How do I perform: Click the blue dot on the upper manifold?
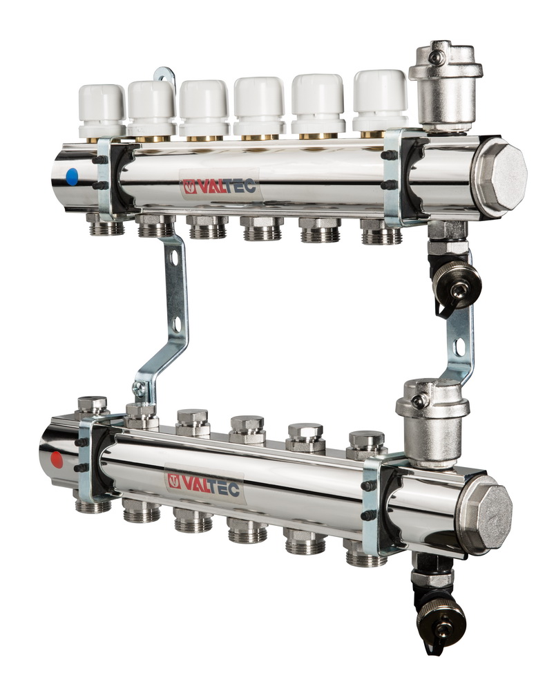point(71,177)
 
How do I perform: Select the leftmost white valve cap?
point(102,111)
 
